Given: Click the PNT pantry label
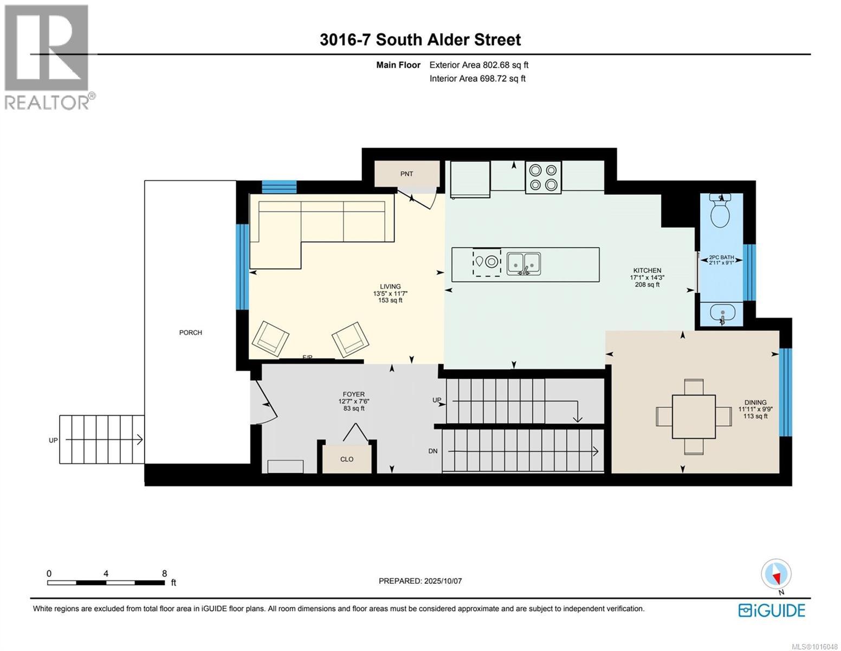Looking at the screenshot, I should pos(406,174).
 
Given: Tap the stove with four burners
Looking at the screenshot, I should pos(543,177).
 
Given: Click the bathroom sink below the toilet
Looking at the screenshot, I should pos(722,313).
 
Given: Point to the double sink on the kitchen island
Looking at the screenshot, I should pos(523,264).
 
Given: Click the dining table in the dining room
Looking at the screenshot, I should pos(694,416).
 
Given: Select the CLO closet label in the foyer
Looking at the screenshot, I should pos(347,459).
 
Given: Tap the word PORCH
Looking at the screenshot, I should pos(191,333).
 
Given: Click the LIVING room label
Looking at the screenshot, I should pos(390,286).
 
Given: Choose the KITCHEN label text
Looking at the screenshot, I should pos(647,270).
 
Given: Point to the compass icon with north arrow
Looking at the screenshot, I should pos(776,574).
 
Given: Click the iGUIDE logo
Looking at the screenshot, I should pos(772,610).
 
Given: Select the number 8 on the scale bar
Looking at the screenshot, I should pos(164,573).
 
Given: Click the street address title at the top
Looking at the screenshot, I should pos(420,40).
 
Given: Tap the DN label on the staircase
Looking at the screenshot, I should pos(433,451).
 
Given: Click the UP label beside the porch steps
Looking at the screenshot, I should pos(53,441).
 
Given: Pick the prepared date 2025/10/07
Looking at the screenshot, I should pos(420,581).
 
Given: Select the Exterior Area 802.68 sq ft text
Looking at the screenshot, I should pos(478,65).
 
